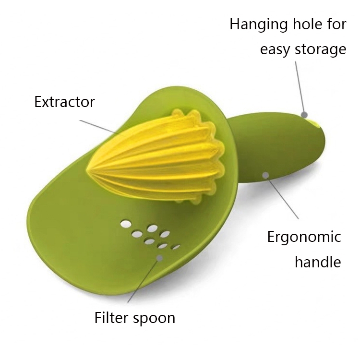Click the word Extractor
[64, 102]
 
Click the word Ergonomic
[304, 237]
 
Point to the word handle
[317, 262]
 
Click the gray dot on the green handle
[265, 175]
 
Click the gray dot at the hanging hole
[304, 114]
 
